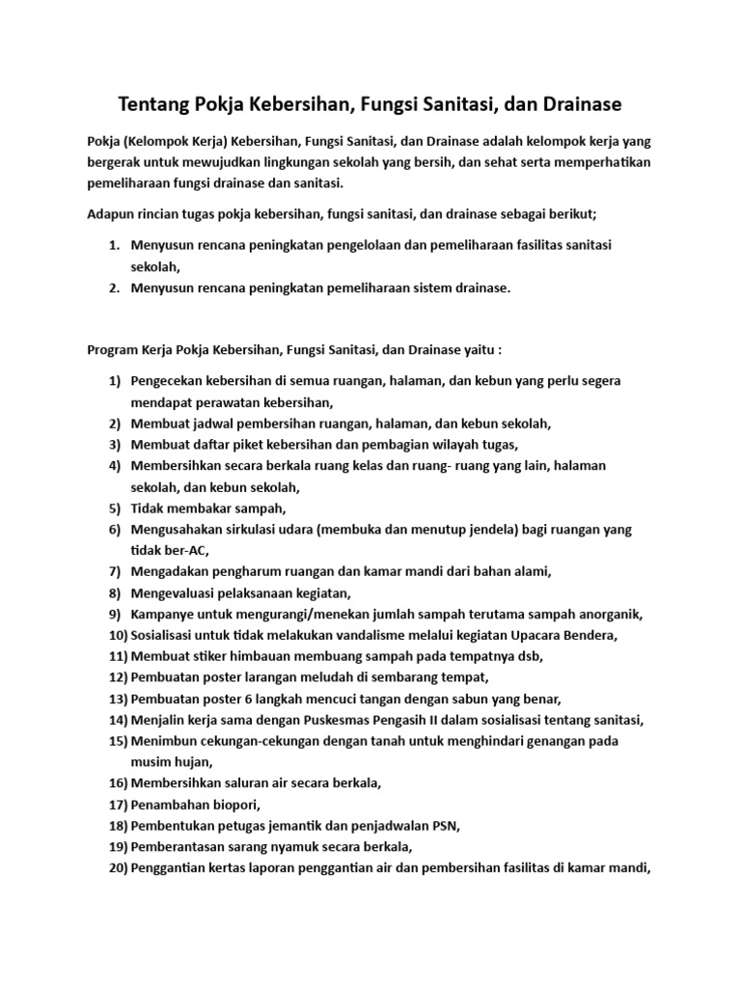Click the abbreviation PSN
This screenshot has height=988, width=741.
[445, 826]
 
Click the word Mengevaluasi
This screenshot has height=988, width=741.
[178, 592]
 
